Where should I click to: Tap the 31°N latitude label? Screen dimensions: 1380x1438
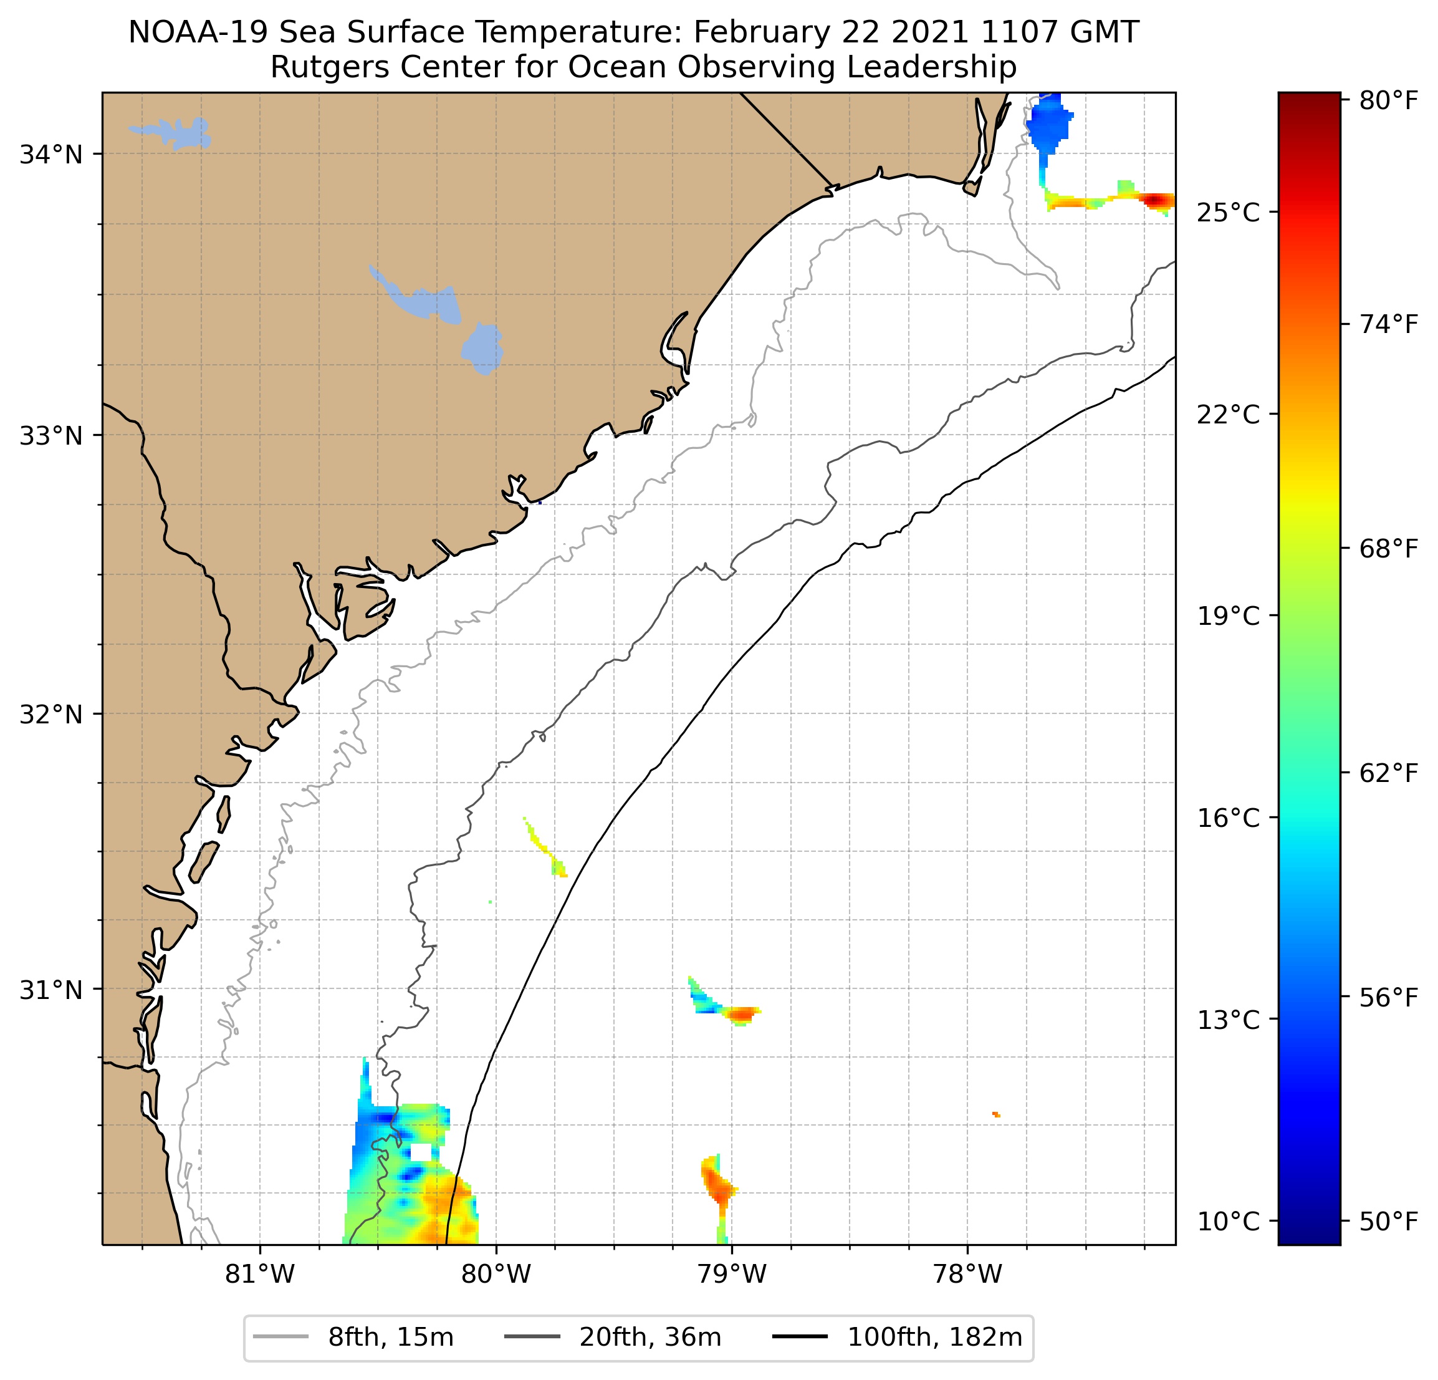[x=50, y=991]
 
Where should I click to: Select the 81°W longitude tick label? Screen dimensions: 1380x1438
[x=260, y=1274]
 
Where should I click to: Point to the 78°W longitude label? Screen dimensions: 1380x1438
[x=967, y=1274]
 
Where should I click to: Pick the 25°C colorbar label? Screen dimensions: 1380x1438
[x=1228, y=213]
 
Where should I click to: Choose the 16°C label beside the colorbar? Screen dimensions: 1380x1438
[x=1228, y=818]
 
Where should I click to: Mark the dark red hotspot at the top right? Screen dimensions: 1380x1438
[x=1157, y=200]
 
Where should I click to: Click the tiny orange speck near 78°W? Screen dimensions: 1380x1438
[x=995, y=1114]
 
